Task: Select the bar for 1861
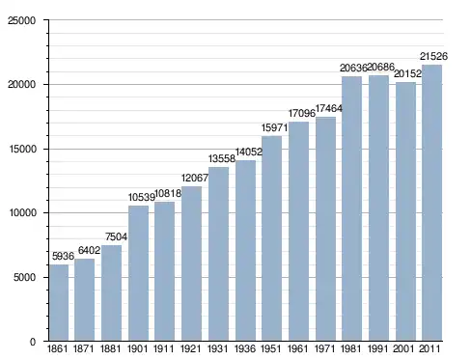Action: [59, 303]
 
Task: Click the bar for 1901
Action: [138, 273]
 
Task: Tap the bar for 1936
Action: [245, 251]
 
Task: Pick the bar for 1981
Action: [351, 208]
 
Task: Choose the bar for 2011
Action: [431, 203]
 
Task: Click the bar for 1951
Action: [271, 238]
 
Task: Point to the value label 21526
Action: [433, 56]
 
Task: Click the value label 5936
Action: [63, 256]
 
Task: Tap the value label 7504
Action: [116, 237]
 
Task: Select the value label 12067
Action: [195, 178]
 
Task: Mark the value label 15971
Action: [274, 127]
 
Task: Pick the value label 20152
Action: [407, 73]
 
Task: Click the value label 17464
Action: [329, 108]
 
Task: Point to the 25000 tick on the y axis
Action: [22, 20]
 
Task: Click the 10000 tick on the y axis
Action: [22, 212]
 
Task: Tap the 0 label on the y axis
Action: [33, 342]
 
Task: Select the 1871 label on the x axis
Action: [84, 348]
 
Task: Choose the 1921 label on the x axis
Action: [190, 348]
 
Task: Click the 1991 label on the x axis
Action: [377, 348]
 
